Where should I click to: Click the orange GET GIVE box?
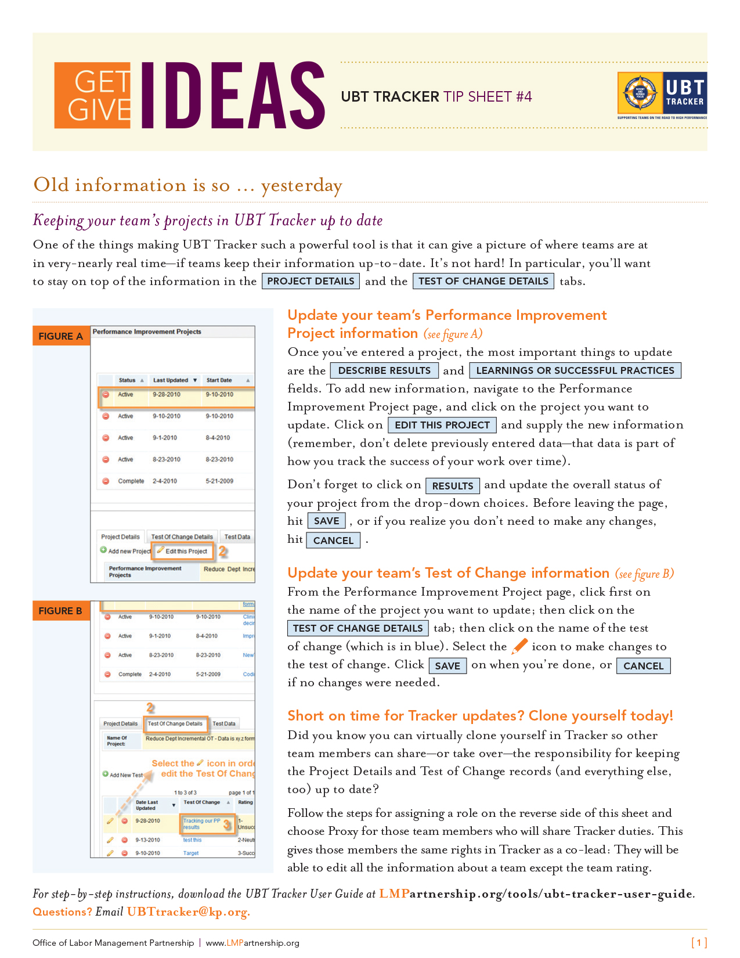(93, 95)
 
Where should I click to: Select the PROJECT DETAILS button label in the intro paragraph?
(311, 281)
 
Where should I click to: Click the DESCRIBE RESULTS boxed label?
(384, 370)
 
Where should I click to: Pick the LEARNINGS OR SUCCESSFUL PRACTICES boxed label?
(575, 370)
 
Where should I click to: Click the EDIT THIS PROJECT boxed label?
(442, 425)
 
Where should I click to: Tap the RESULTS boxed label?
(453, 485)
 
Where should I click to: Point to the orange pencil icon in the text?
(519, 646)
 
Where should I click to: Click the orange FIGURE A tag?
(61, 336)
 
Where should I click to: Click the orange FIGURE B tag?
(60, 611)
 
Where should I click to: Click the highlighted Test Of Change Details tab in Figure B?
(175, 723)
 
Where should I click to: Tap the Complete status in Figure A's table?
(131, 481)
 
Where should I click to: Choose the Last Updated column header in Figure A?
(171, 380)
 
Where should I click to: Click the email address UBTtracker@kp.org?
(189, 912)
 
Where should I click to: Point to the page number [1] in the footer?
(699, 942)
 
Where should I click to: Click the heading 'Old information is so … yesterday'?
(187, 185)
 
